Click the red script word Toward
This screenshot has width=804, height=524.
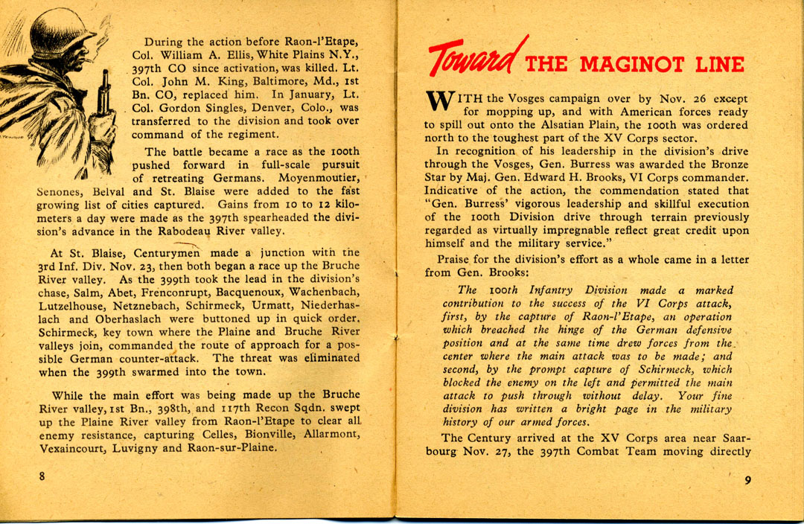(475, 56)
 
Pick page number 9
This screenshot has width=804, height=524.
(747, 479)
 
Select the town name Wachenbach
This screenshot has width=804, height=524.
(324, 293)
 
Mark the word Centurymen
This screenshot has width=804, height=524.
(166, 253)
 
